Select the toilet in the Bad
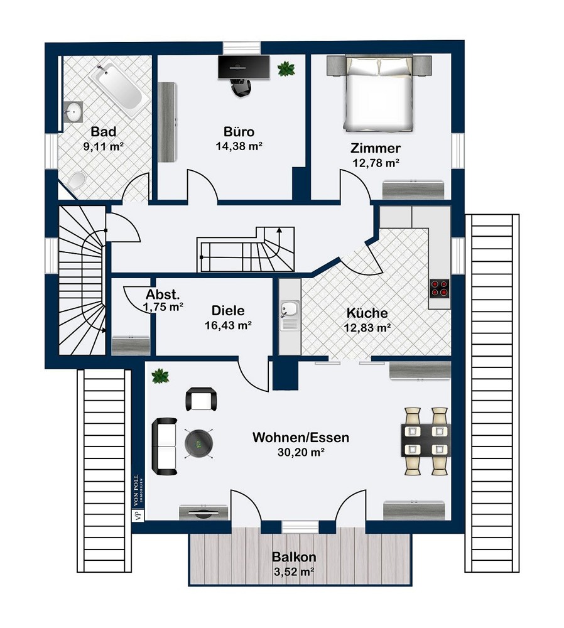[x=75, y=181]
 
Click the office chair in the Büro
[x=241, y=87]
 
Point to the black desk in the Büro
[x=244, y=67]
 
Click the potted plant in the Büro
[x=286, y=68]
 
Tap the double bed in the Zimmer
[x=379, y=94]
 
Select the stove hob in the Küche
[x=439, y=288]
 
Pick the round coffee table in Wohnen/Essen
[x=198, y=443]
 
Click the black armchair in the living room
[x=202, y=399]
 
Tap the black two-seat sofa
[x=164, y=447]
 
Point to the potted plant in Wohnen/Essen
[x=160, y=376]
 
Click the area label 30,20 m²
[x=301, y=452]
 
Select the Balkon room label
[x=294, y=556]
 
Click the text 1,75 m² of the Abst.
[x=163, y=307]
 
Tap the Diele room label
[x=228, y=310]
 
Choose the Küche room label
[x=367, y=313]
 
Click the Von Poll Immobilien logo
[x=138, y=498]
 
